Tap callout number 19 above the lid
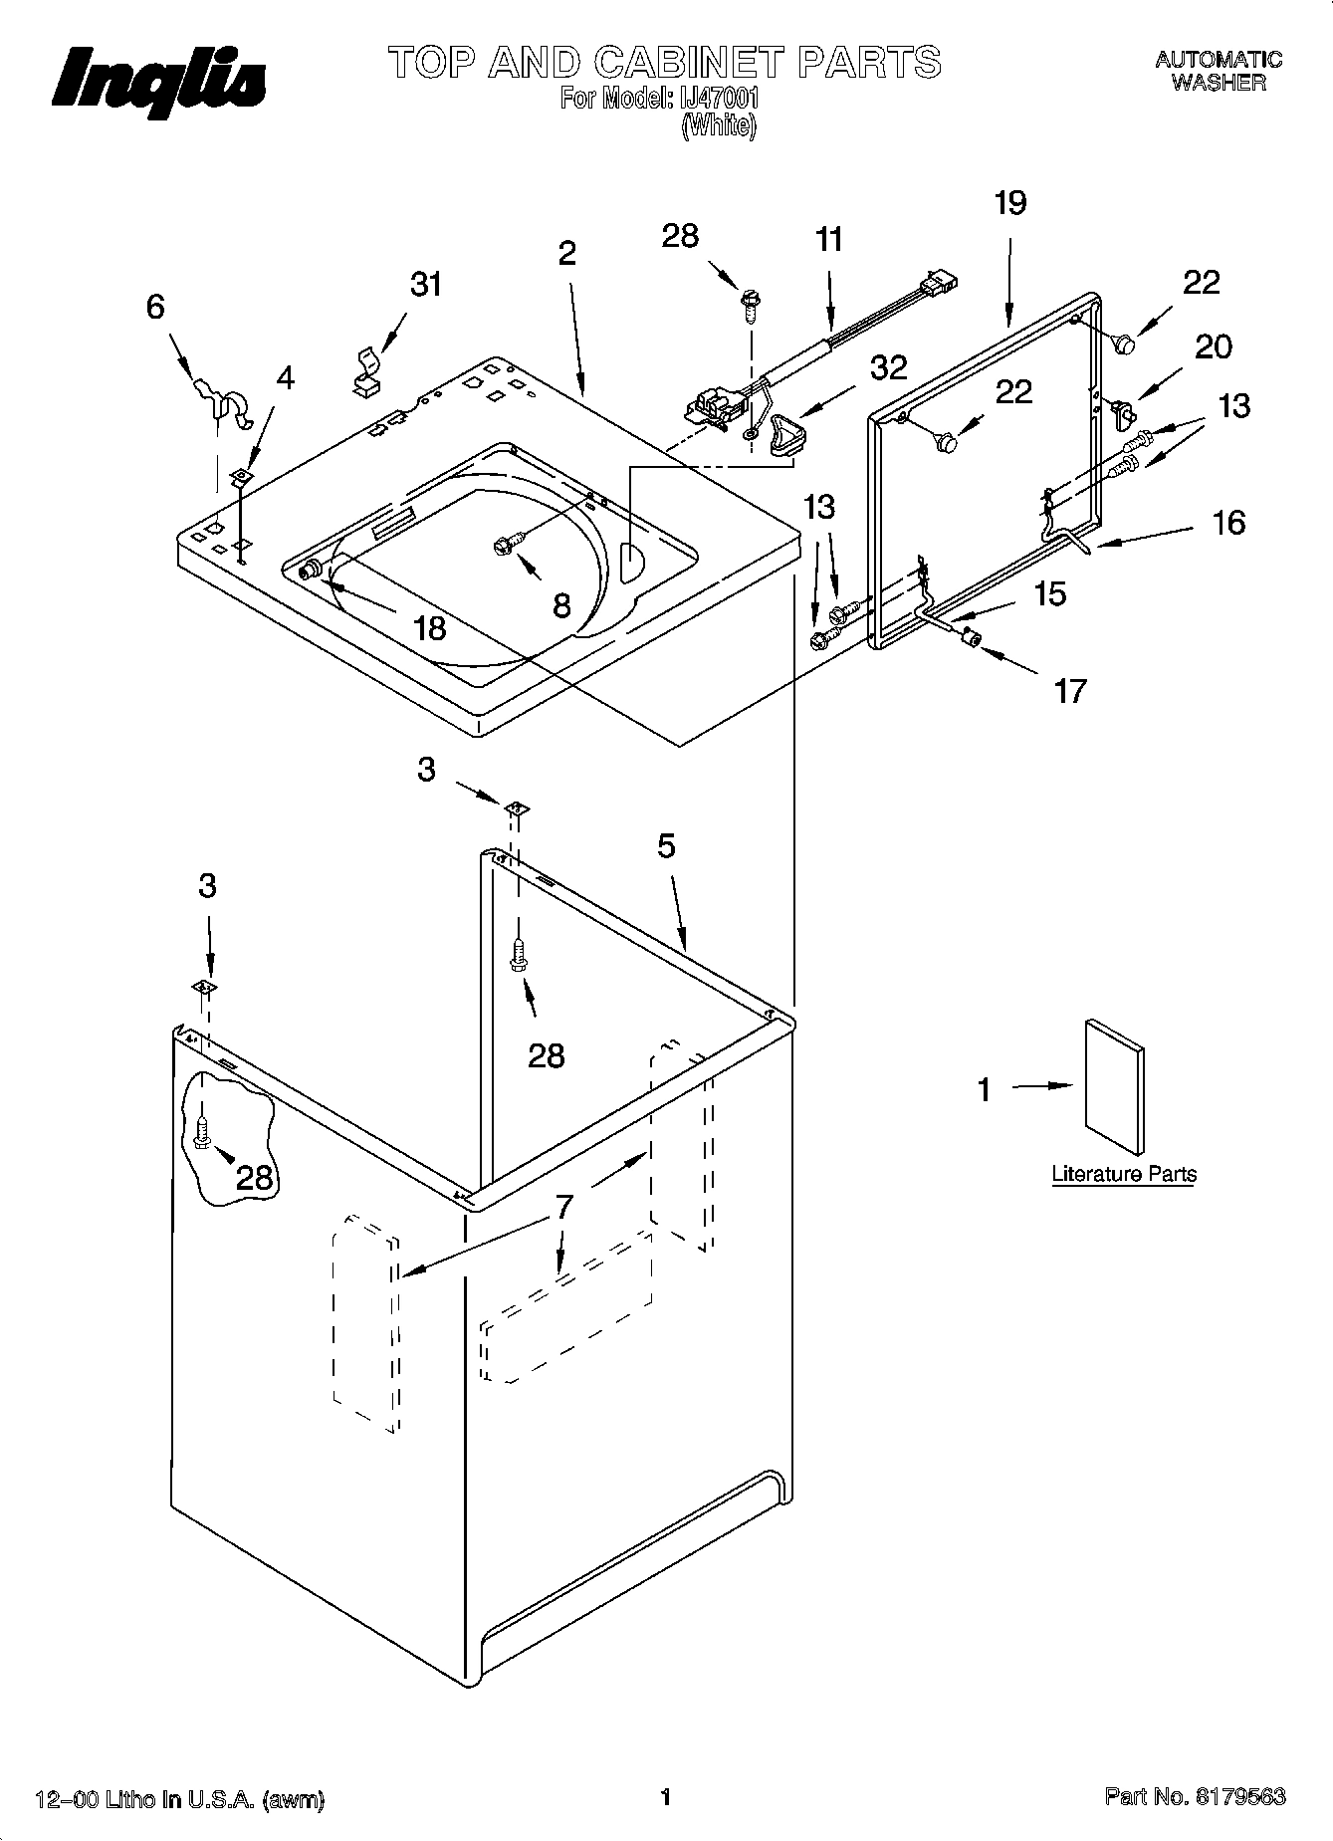click(x=1009, y=204)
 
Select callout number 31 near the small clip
click(x=425, y=285)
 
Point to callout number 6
click(x=156, y=307)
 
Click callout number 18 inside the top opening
click(x=429, y=629)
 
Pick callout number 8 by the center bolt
click(x=561, y=604)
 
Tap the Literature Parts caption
click(x=1124, y=1175)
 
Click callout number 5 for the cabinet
click(x=666, y=846)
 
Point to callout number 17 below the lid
click(x=1070, y=691)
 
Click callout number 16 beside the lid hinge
click(x=1229, y=523)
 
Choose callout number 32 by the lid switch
click(x=888, y=367)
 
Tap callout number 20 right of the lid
click(x=1214, y=346)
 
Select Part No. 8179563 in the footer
click(x=1195, y=1797)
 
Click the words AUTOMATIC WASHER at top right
click(x=1219, y=72)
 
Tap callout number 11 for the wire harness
click(x=828, y=240)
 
